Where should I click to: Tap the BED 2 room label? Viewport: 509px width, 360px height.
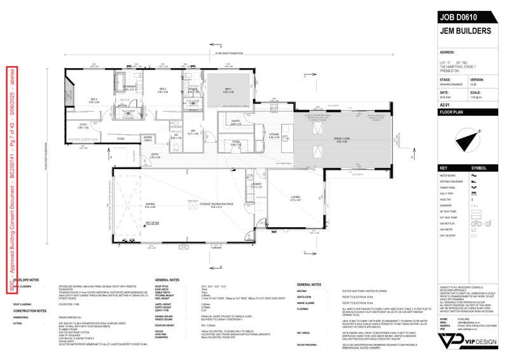click(162, 89)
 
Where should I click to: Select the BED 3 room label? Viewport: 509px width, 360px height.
click(94, 99)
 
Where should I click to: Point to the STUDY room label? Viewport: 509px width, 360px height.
click(83, 123)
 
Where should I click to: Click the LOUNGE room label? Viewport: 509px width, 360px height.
click(295, 197)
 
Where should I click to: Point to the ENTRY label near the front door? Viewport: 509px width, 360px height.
click(155, 154)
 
